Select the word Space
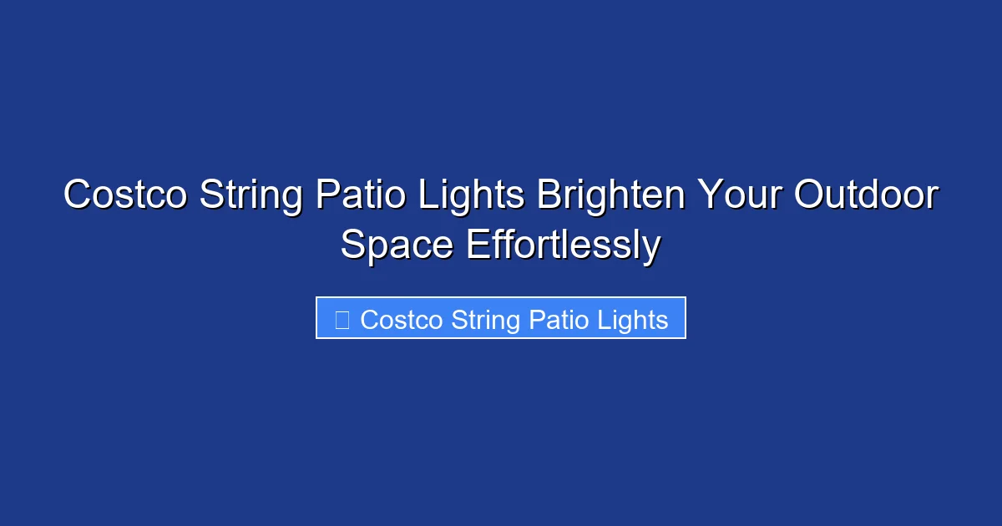397,245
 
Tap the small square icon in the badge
342,319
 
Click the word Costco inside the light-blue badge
402,319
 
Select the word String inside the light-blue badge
483,319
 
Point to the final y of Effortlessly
652,249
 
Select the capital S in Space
352,245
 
